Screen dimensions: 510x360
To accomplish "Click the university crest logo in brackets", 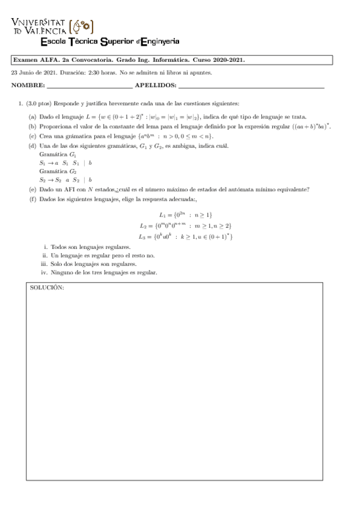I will pos(82,26).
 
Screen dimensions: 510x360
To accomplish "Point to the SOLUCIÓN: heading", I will pos(47,288).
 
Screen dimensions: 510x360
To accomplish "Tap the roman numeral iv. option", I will pos(44,272).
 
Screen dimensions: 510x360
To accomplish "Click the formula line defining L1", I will pos(185,215).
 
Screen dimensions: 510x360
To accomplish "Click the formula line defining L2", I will pos(185,226).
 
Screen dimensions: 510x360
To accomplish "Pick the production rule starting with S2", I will pos(66,179).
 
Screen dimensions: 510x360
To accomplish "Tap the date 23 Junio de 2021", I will pos(34,72).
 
